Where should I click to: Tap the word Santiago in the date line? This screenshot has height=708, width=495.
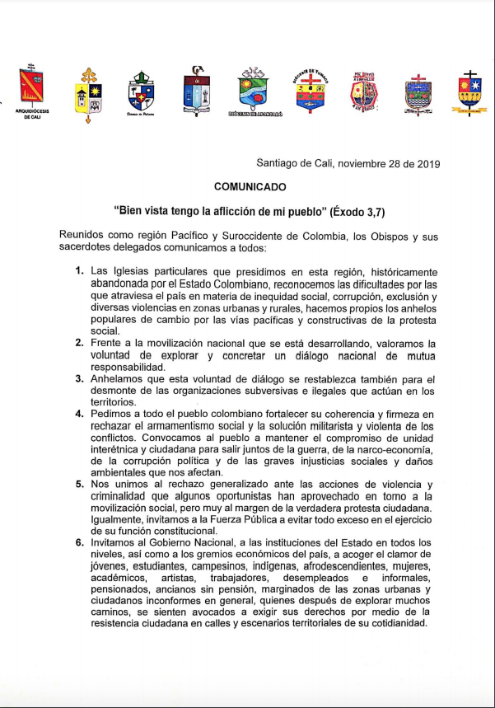click(x=276, y=163)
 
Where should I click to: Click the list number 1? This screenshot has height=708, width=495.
click(x=79, y=271)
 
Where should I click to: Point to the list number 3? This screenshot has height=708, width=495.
click(x=79, y=379)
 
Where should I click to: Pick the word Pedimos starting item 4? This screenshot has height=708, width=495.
click(x=112, y=415)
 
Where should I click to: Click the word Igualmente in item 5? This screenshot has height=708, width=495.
click(x=121, y=518)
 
